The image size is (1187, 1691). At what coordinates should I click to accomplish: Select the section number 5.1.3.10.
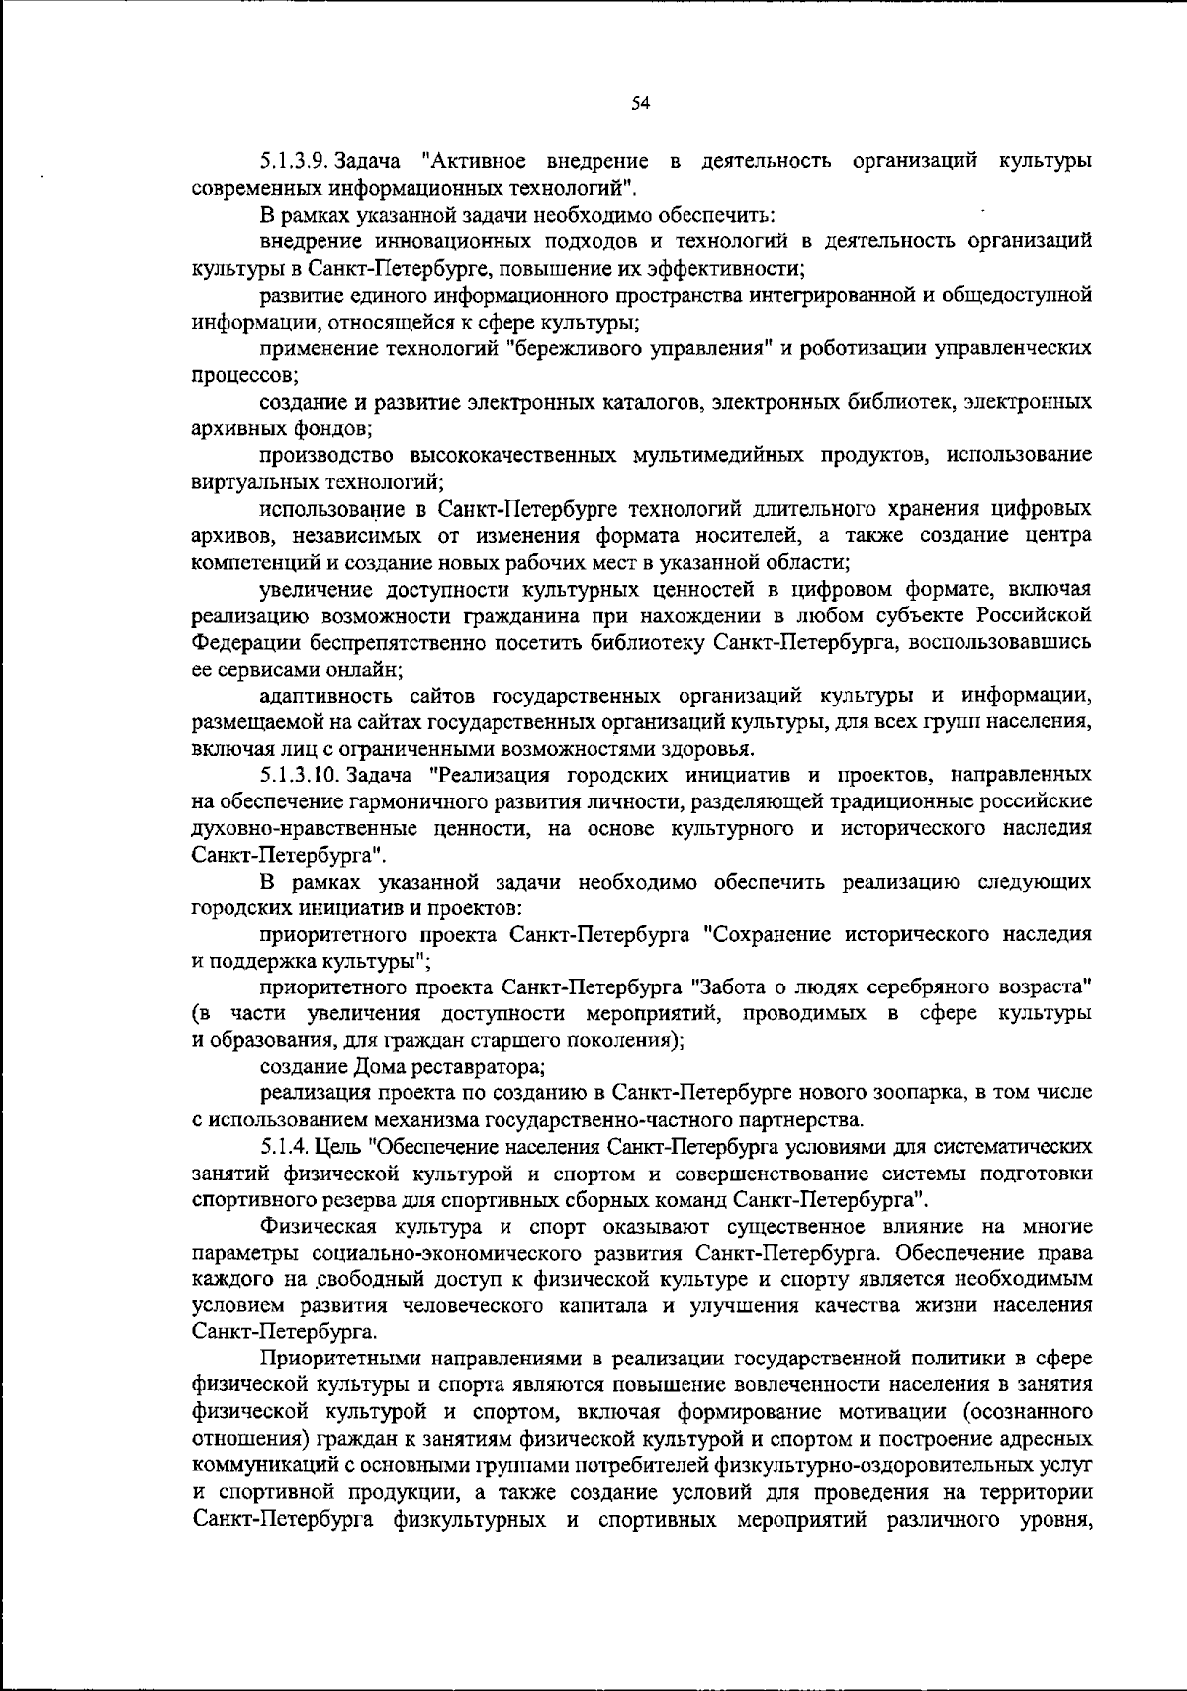[298, 774]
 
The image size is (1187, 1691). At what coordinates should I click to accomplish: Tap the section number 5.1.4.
[285, 1147]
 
